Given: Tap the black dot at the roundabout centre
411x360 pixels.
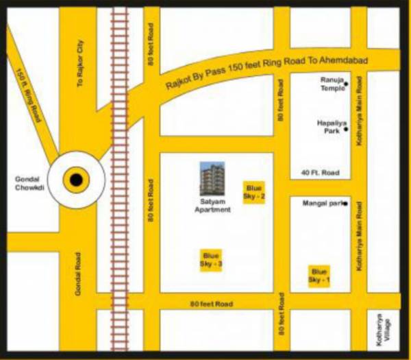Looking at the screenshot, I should point(76,180).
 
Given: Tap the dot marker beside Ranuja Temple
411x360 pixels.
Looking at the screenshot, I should point(346,84).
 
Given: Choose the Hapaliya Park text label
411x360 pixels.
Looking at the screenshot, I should point(329,126).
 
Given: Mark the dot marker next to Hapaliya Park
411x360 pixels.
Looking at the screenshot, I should point(346,129).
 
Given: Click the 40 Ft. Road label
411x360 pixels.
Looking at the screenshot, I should point(320,173).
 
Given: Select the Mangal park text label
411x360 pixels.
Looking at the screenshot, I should point(324,204).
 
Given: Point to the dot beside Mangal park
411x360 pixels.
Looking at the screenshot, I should point(346,204).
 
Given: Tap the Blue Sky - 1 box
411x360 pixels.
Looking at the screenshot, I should point(319,276).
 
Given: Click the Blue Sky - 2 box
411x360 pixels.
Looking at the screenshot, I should point(255,192).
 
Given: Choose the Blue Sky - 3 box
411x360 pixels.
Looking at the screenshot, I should point(212,260).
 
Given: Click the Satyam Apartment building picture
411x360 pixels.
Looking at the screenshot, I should point(212,178).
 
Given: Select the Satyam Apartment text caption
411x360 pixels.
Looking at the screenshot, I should point(212,206).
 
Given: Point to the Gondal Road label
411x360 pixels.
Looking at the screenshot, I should point(79,278).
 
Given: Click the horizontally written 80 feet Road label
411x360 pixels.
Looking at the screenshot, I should point(212,304).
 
